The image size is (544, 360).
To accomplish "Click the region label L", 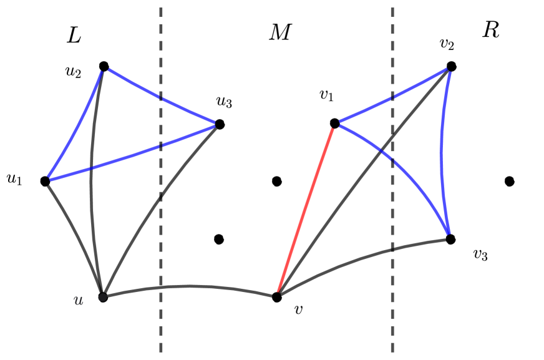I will [x=74, y=37].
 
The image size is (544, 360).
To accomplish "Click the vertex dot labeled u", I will [x=103, y=297].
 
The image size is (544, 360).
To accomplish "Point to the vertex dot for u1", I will [x=45, y=181].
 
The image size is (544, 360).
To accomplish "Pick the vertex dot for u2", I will [x=104, y=66].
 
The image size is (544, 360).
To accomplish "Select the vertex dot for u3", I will [x=219, y=124].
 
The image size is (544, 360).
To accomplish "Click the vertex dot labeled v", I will [x=277, y=297].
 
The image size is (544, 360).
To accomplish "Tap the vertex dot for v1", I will [x=334, y=124].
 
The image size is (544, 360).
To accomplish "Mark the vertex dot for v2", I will [x=451, y=66].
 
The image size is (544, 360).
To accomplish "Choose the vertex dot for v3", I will [x=450, y=239].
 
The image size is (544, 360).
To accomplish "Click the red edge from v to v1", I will [x=306, y=210].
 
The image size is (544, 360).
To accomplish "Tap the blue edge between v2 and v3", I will [x=442, y=153].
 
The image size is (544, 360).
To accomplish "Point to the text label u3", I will [x=224, y=101].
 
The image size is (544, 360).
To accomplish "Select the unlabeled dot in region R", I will [x=509, y=182].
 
